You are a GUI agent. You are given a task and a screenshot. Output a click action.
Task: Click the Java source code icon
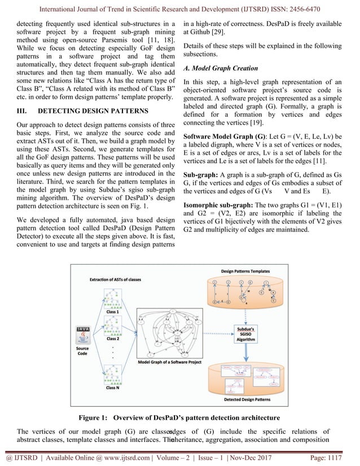coord(83,334)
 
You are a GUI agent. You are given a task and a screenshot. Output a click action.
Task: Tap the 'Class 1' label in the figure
coord(113,312)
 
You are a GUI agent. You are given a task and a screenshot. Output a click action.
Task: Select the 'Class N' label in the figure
coord(113,388)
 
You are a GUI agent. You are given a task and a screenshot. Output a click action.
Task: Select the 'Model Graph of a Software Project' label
coord(169,362)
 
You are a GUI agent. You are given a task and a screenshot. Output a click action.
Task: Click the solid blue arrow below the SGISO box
coord(247,354)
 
